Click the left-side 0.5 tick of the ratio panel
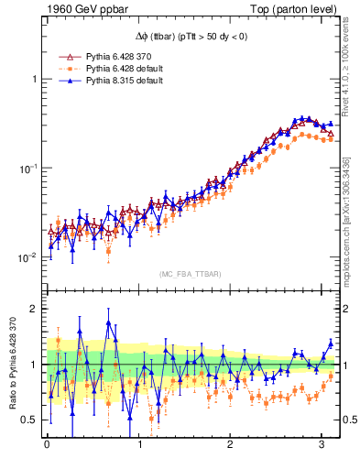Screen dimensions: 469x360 pos(29,420)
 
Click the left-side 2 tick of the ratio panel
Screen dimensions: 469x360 pos(35,309)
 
